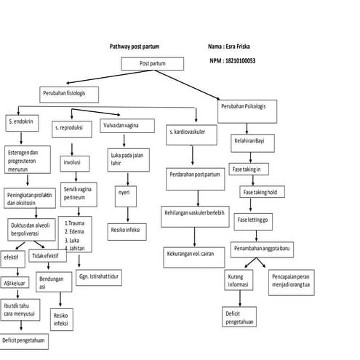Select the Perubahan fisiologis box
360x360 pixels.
click(69, 94)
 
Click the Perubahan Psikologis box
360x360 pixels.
click(244, 108)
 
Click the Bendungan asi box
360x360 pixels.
click(52, 282)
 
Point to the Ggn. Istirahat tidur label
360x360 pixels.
click(100, 277)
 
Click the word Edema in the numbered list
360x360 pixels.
click(77, 231)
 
